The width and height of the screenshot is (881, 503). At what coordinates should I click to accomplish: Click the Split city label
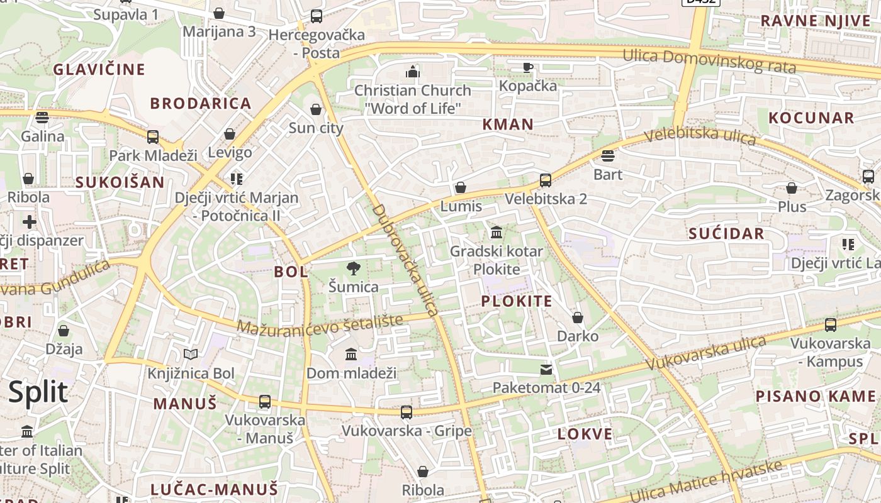(38, 392)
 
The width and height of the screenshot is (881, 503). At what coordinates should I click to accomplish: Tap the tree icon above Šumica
(354, 268)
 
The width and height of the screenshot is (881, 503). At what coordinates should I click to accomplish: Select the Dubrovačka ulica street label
(405, 259)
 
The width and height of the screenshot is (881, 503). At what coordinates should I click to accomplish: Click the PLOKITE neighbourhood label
(517, 301)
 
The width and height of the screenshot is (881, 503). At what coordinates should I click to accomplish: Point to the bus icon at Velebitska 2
(546, 180)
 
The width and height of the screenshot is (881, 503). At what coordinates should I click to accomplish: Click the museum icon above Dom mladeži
(351, 355)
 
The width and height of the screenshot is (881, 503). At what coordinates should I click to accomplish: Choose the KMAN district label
(508, 124)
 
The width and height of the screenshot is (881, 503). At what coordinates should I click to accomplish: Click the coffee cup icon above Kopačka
(528, 67)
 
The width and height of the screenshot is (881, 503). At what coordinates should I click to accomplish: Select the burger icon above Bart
(608, 156)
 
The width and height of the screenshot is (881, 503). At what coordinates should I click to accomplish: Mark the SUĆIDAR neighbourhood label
(726, 234)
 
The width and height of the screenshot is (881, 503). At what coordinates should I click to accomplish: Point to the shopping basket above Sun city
(316, 110)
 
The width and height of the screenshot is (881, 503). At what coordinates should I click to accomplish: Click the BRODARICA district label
(201, 104)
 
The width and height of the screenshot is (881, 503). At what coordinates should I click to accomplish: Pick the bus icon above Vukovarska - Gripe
(407, 412)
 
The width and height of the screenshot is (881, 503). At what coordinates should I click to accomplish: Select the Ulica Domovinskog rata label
(709, 60)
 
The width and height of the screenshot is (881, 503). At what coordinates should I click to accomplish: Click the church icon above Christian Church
(413, 72)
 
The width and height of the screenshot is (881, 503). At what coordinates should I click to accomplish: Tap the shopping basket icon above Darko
(578, 318)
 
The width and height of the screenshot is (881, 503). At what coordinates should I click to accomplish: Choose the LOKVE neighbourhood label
(585, 434)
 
